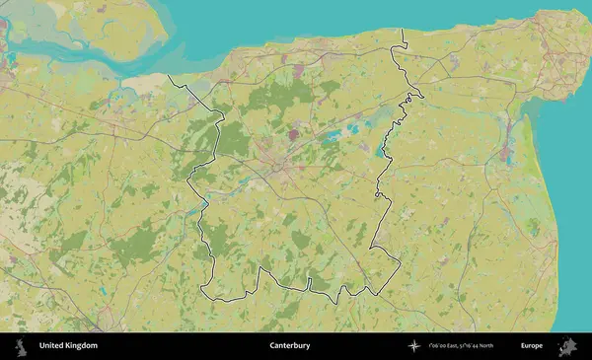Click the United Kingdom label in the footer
tap(68, 346)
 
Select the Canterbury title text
tap(290, 346)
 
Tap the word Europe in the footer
tap(532, 346)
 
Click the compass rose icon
tap(414, 346)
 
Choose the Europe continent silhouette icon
tap(567, 346)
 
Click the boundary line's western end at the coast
tap(169, 76)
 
